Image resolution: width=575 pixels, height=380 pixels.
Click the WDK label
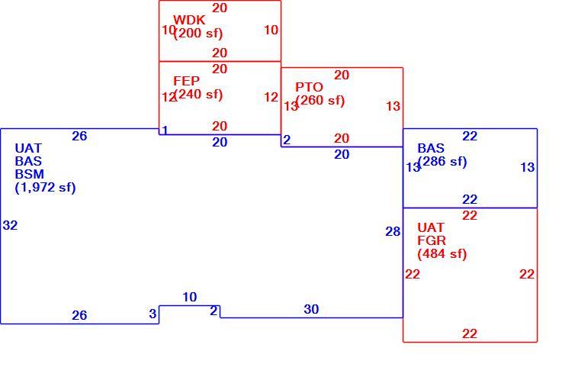[189, 20]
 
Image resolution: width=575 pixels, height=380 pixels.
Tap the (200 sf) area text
[198, 34]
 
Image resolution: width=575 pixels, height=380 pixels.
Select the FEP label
[186, 81]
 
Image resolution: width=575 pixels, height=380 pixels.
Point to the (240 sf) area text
[198, 95]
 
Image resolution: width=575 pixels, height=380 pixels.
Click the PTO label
[309, 87]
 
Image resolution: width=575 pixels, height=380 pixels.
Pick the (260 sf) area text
[320, 101]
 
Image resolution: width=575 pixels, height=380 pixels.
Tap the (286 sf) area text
[442, 162]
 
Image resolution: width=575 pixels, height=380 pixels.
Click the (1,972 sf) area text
[45, 188]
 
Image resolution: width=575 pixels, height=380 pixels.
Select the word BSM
[29, 174]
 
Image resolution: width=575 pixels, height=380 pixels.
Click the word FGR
[432, 240]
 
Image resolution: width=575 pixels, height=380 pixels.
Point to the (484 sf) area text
[442, 254]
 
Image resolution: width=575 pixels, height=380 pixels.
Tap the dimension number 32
[10, 225]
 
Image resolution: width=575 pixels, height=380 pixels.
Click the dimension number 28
[393, 231]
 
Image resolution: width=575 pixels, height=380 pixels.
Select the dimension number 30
[311, 309]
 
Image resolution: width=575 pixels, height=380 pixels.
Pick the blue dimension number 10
[190, 297]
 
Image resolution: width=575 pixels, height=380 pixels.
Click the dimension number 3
[153, 314]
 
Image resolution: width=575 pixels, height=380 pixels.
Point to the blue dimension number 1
[165, 130]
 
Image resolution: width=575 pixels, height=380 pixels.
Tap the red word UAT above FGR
[431, 227]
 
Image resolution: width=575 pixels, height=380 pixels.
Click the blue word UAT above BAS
[28, 148]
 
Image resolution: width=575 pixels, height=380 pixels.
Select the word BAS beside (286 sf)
[431, 148]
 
